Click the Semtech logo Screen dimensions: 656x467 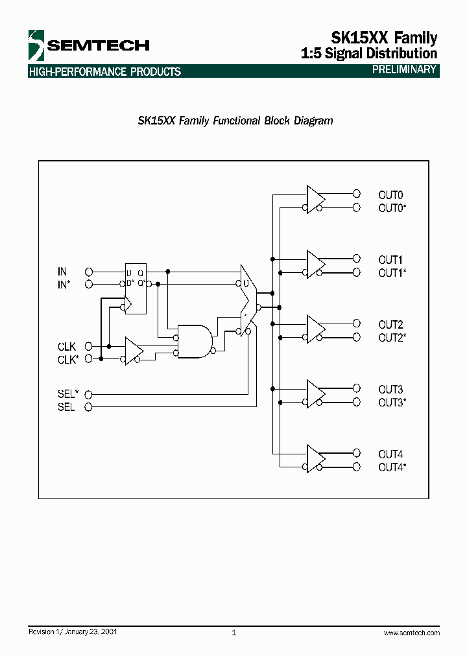point(88,45)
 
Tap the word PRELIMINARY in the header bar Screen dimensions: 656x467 point(404,70)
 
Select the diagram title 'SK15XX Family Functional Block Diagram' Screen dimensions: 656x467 point(235,121)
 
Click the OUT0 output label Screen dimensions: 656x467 point(390,194)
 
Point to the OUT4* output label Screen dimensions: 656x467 point(392,467)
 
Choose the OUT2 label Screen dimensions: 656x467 point(390,324)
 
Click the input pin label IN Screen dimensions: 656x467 point(62,272)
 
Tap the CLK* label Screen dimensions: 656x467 point(68,360)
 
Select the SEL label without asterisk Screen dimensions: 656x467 point(66,407)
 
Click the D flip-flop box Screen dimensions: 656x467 point(136,290)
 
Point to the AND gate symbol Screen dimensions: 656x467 point(195,342)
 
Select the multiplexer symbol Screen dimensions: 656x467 point(248,298)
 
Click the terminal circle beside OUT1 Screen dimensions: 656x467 point(356,259)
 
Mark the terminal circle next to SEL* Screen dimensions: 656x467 point(89,394)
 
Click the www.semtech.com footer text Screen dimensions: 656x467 point(411,633)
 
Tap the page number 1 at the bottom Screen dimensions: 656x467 point(233,633)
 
